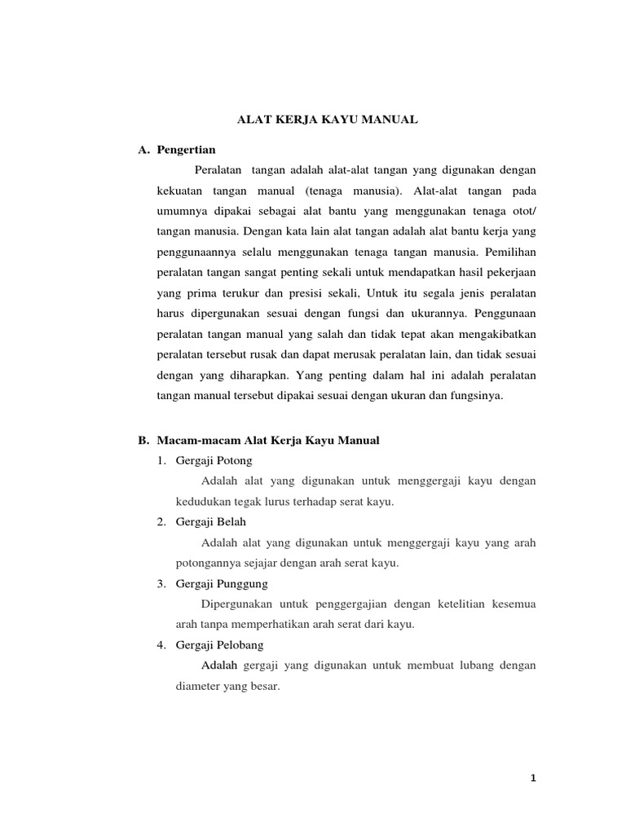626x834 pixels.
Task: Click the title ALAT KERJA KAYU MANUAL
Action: [x=327, y=120]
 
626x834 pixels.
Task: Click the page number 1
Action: [x=532, y=778]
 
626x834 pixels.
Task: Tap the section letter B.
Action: [x=143, y=441]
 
